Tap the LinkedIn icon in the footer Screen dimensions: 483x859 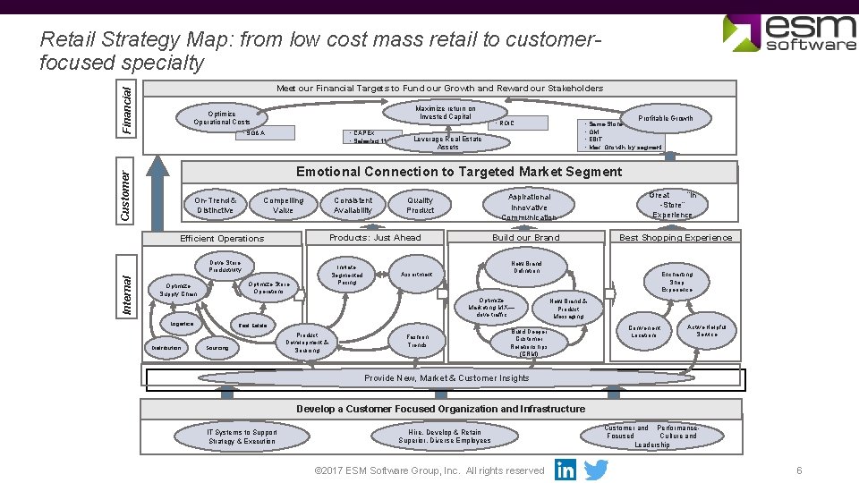click(566, 470)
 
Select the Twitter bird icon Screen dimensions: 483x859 click(596, 470)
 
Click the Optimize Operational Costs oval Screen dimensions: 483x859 click(222, 117)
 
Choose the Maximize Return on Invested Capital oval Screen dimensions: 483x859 click(446, 113)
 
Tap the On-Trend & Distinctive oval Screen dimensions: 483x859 click(216, 205)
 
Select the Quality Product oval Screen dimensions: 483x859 click(420, 205)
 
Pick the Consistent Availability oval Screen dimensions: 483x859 click(353, 205)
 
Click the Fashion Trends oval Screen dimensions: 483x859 click(418, 340)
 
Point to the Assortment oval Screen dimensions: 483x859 click(417, 273)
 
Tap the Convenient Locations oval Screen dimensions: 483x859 click(644, 332)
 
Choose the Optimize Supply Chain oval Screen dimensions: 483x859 click(178, 288)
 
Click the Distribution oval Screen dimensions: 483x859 click(166, 348)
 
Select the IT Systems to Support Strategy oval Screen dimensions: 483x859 click(242, 436)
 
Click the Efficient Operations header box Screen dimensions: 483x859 click(222, 238)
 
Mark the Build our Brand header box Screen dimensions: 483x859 click(526, 237)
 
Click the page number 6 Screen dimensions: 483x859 click(799, 470)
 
